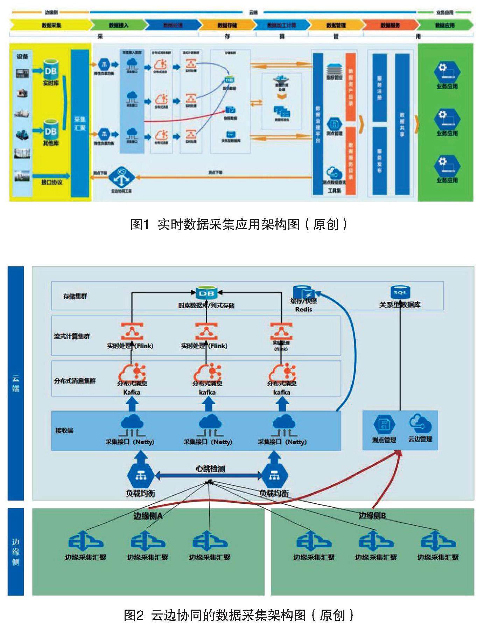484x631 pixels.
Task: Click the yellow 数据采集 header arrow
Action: coord(51,25)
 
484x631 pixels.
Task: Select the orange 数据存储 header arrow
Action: coord(227,25)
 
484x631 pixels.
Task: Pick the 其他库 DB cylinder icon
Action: coord(50,131)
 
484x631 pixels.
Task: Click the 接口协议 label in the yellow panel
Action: coord(51,182)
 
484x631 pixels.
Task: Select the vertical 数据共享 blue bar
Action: coord(402,124)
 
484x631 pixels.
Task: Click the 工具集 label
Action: coord(334,191)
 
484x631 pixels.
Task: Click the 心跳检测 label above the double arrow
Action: coord(210,469)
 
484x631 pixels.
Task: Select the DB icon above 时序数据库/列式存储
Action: coord(206,293)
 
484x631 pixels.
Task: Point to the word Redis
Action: coord(303,310)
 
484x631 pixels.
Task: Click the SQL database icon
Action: coord(400,292)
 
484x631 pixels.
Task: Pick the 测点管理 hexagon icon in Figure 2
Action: coord(384,425)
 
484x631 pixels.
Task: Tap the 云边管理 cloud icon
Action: coord(420,423)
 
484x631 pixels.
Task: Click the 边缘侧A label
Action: coord(148,516)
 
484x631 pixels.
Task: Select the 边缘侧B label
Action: coord(372,516)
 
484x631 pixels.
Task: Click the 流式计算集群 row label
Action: coord(72,337)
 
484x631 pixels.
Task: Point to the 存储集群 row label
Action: coord(75,296)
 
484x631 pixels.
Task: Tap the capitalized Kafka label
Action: coord(132,392)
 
